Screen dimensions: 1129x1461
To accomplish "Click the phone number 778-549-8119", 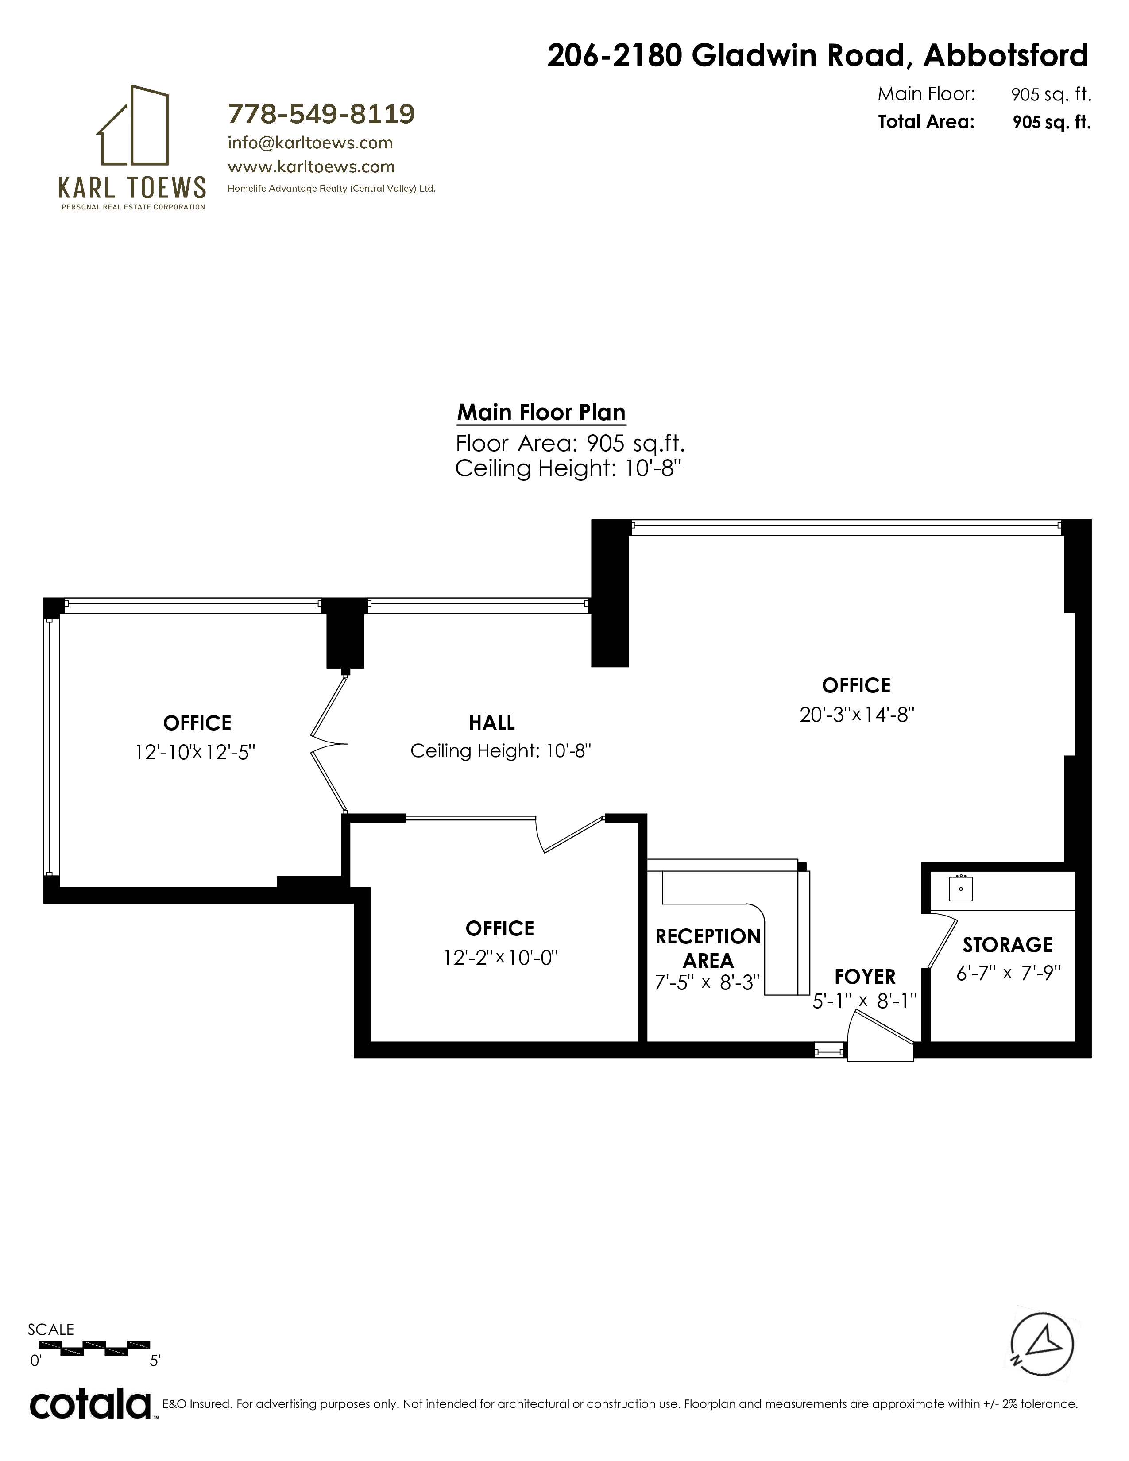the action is click(x=321, y=114).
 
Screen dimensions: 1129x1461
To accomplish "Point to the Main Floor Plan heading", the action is click(x=541, y=412).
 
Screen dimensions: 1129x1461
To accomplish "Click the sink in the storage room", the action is click(x=960, y=889).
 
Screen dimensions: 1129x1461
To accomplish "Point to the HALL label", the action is click(x=491, y=723).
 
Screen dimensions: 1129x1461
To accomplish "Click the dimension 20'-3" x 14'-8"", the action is click(x=857, y=715).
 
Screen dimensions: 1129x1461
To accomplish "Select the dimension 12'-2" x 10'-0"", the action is click(x=500, y=958).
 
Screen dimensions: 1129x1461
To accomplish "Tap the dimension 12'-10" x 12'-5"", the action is click(x=195, y=753).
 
